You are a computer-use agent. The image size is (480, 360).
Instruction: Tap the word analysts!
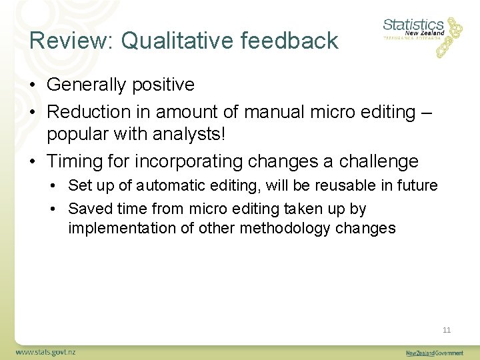click(x=192, y=134)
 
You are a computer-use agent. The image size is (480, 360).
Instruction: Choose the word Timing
click(x=75, y=161)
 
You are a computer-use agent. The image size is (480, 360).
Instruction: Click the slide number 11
click(x=447, y=330)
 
